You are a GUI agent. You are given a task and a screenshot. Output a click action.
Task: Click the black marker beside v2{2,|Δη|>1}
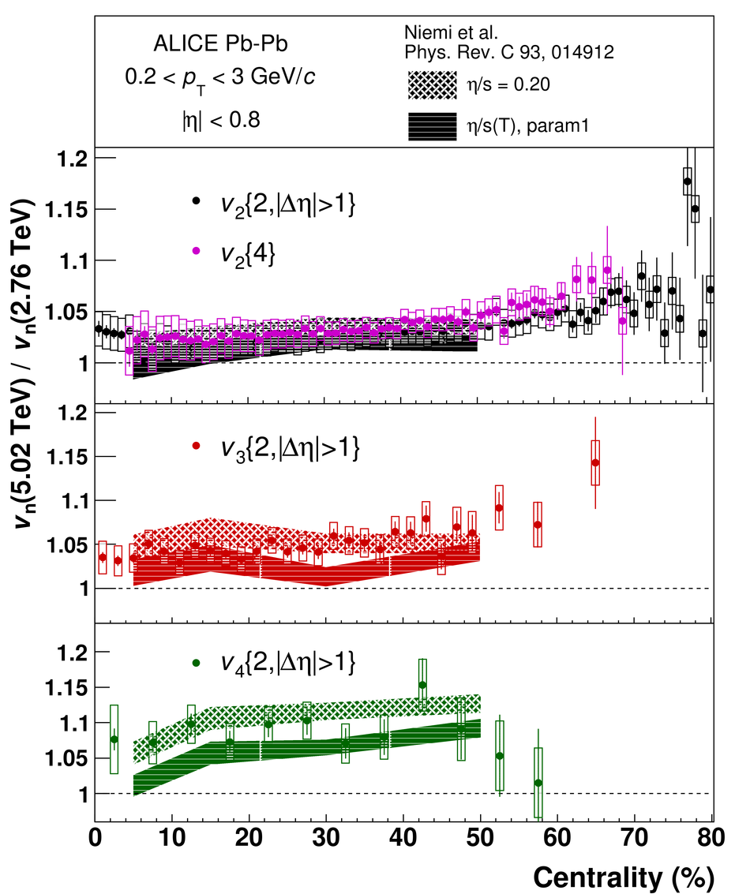197,200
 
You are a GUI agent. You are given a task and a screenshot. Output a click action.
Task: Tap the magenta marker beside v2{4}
197,250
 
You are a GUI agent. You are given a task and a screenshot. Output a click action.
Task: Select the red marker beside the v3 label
197,446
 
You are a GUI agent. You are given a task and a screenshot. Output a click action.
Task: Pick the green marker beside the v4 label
197,663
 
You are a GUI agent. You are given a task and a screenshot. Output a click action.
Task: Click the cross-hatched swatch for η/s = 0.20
433,85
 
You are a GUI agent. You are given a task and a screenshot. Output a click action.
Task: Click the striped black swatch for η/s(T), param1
433,126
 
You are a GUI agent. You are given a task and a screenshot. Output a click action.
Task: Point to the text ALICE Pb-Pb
221,44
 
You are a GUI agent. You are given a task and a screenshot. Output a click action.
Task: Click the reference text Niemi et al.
451,32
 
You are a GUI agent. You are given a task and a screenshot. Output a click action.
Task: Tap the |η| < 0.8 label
221,120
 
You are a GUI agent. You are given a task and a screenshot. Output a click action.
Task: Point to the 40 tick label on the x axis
403,838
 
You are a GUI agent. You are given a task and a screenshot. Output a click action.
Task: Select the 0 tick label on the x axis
96,838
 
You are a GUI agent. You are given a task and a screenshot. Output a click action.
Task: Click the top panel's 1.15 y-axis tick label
67,210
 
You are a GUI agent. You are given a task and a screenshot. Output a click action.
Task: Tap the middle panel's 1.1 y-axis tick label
74,501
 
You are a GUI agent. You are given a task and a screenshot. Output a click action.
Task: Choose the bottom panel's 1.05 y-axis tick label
67,758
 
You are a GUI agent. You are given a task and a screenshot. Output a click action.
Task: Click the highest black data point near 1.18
688,181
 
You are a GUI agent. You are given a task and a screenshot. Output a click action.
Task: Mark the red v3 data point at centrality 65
595,463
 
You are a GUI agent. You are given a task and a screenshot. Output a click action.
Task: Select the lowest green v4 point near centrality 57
538,783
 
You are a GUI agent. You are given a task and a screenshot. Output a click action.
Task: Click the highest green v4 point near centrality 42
422,685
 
